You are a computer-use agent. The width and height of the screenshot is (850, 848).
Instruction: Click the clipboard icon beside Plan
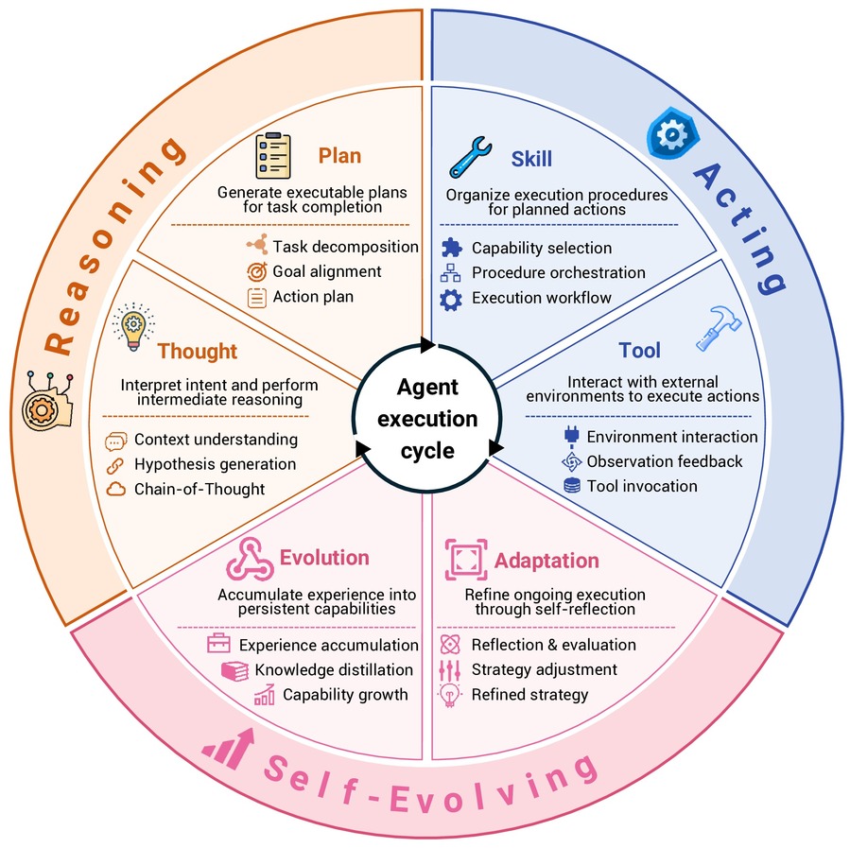273,155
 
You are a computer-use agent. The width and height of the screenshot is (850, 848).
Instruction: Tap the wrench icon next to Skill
470,157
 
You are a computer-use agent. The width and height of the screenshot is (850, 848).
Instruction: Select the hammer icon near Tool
718,328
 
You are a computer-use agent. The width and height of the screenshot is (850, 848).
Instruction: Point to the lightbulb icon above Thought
133,327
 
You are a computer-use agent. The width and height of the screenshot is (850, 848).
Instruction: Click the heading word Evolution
324,558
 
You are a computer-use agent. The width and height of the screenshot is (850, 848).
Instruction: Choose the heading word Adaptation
546,561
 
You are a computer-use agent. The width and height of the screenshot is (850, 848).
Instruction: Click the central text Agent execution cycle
427,418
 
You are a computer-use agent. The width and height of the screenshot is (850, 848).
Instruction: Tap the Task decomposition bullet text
345,247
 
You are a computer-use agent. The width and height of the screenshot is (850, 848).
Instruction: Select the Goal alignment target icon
257,271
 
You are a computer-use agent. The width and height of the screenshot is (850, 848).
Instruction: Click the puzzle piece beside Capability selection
452,248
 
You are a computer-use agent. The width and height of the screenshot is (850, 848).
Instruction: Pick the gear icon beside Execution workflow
451,300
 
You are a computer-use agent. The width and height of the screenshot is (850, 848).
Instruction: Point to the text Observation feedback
665,461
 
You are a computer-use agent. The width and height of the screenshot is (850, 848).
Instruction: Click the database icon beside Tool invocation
572,486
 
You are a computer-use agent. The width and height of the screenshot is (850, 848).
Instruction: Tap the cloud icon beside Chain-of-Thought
115,490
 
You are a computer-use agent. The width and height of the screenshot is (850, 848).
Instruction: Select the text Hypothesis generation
216,464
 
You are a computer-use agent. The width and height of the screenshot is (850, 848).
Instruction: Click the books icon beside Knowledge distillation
234,671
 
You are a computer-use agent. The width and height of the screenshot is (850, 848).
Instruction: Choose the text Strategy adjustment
545,669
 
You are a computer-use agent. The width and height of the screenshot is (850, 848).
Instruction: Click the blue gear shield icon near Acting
672,133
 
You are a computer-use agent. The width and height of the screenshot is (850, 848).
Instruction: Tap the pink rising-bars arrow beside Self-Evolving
230,749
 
